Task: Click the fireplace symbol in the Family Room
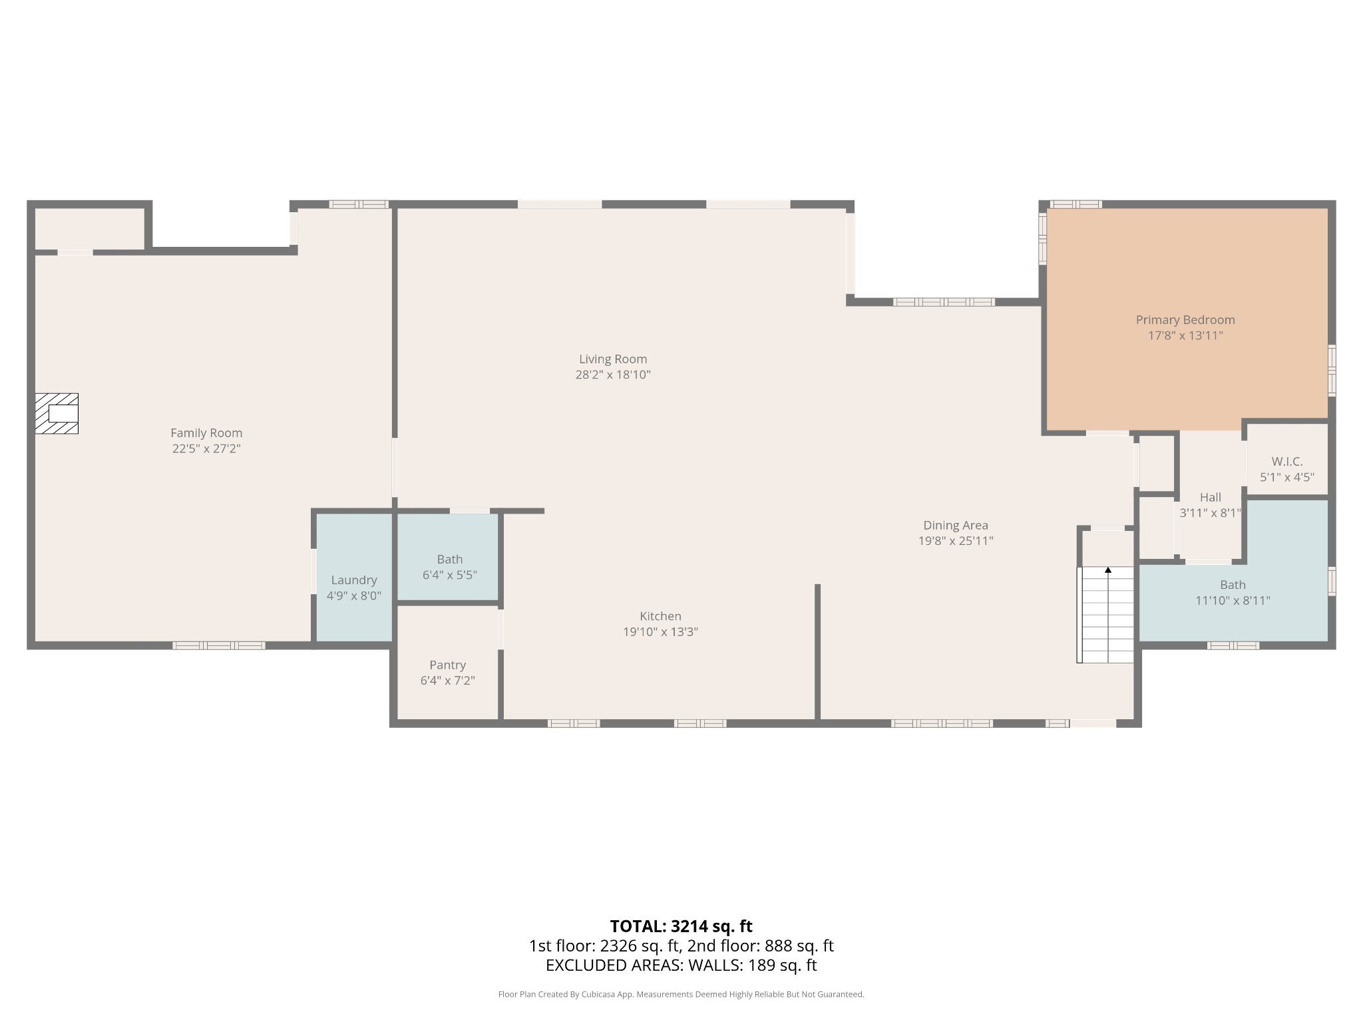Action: [57, 413]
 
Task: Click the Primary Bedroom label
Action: [1185, 320]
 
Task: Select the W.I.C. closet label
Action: [1286, 461]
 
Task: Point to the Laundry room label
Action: [354, 580]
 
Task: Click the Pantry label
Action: [447, 665]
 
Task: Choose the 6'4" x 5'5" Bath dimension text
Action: [450, 575]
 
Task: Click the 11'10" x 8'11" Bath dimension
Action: [1233, 601]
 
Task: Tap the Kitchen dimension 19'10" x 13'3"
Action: [660, 632]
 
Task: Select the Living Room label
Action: [612, 359]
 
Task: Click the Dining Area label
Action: [955, 526]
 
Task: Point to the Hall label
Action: [1210, 497]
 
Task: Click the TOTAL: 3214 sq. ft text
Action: [681, 926]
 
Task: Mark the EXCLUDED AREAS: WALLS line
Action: [681, 965]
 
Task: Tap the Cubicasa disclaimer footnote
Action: [681, 994]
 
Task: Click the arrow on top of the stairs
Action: [1108, 570]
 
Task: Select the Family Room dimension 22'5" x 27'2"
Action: [206, 449]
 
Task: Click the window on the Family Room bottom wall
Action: [219, 645]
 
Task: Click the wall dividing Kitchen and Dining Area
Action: [817, 652]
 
